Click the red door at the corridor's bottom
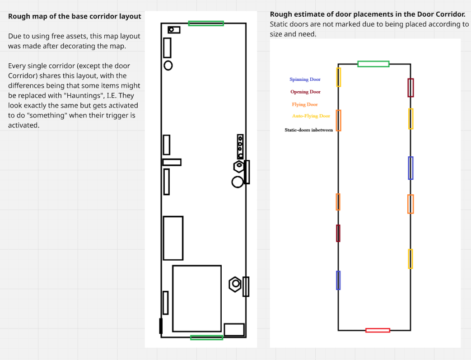point(378,330)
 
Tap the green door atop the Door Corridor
point(373,64)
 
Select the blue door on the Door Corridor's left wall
point(338,280)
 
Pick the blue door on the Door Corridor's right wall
point(410,168)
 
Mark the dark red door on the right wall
point(410,88)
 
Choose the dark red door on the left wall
point(338,233)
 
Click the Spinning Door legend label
point(305,79)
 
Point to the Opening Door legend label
point(305,92)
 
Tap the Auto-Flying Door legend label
point(311,116)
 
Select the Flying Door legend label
point(305,104)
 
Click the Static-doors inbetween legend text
point(308,130)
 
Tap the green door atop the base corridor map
point(206,23)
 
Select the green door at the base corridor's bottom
point(206,337)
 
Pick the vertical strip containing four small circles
point(240,146)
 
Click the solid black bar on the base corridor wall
point(161,326)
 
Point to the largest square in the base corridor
point(197,299)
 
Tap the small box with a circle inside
point(174,30)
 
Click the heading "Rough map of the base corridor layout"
point(75,17)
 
